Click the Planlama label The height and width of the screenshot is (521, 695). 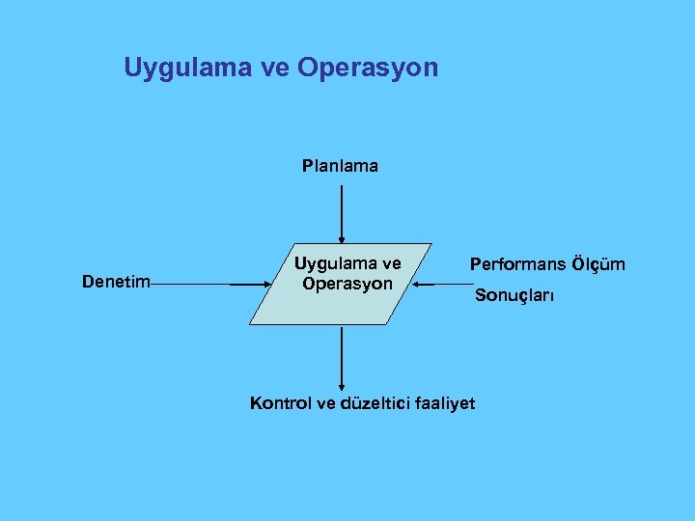tap(340, 166)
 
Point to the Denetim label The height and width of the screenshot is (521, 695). tap(116, 282)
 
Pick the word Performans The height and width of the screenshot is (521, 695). tap(516, 263)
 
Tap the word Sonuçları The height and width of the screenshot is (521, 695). tap(514, 296)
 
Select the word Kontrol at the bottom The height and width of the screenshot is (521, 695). tap(281, 403)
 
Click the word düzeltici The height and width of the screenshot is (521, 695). tap(373, 403)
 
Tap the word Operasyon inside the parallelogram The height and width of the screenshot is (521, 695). tap(347, 284)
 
